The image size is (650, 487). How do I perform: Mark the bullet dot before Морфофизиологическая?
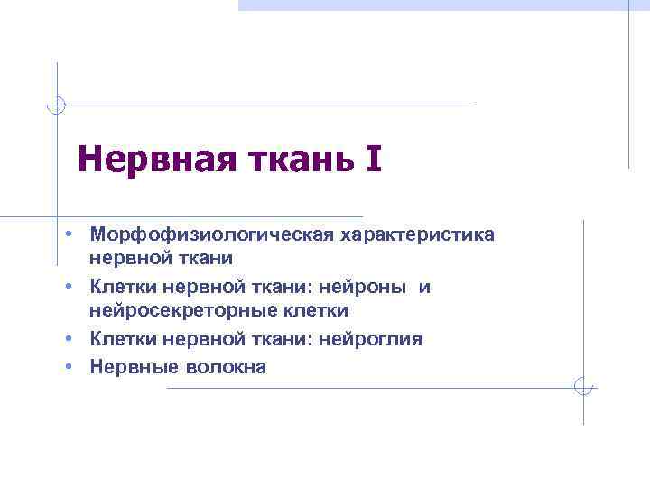coord(70,234)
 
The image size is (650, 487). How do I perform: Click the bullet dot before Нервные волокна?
coord(70,366)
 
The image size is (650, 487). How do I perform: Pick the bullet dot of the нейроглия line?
coord(70,338)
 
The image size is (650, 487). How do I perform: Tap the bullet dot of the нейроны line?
coord(70,287)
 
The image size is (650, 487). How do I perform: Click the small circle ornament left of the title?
coord(57,106)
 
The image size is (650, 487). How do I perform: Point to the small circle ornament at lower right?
coord(584,387)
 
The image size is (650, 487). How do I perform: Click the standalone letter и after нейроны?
coord(425,287)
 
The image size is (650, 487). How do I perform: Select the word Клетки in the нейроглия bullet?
coord(122,338)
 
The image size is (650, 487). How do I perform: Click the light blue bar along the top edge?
coord(442,5)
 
